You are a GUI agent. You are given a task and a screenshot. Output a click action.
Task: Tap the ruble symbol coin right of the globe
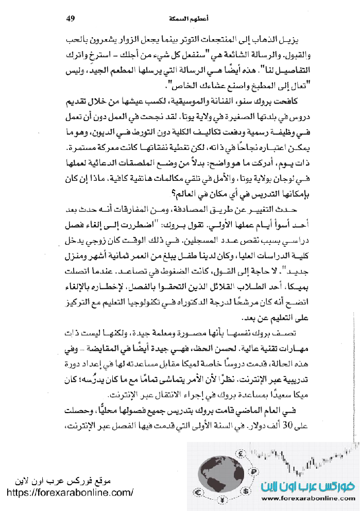(253, 471)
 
